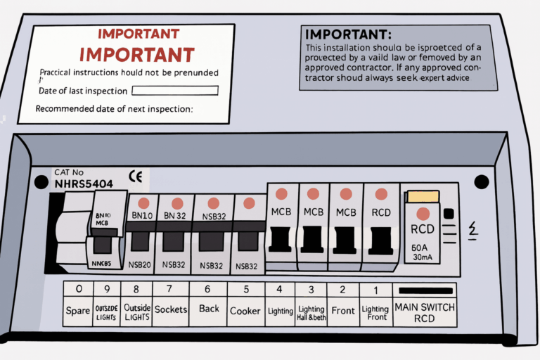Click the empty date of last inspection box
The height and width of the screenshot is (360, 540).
[x=175, y=91]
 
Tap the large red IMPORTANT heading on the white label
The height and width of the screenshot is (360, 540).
[x=137, y=54]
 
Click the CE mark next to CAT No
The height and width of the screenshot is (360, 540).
[x=136, y=176]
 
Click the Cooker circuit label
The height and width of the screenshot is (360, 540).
[x=245, y=310]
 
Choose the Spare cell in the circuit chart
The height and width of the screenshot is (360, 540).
[x=77, y=311]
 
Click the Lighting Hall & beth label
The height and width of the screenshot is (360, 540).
[x=310, y=313]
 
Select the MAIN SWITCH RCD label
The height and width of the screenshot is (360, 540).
[x=425, y=311]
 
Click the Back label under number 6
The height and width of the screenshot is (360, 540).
[x=208, y=310]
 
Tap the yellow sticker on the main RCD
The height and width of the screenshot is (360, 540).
[x=423, y=196]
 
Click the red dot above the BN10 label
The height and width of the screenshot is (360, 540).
[x=143, y=202]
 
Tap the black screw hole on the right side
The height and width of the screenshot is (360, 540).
[x=481, y=182]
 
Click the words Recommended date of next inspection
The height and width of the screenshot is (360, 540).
[x=114, y=109]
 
